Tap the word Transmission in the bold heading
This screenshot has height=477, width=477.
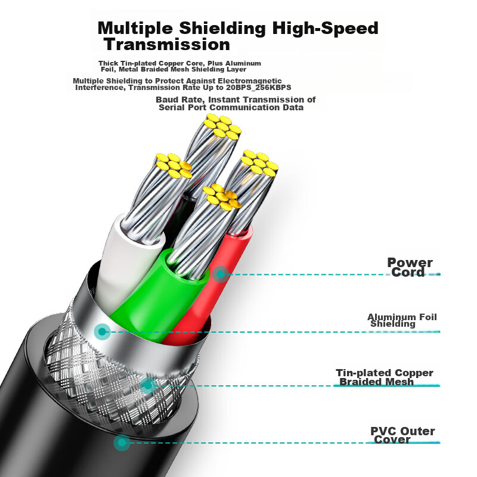click(x=167, y=45)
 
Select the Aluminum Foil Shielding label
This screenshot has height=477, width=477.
click(x=401, y=320)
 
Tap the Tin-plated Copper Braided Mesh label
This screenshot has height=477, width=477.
click(x=384, y=377)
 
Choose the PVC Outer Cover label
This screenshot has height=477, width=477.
click(x=402, y=435)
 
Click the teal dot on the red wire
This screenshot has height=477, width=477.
click(x=221, y=274)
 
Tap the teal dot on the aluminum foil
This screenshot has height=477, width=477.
click(x=103, y=331)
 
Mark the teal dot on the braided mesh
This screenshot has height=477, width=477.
click(x=146, y=385)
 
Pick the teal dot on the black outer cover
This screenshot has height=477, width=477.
click(x=122, y=442)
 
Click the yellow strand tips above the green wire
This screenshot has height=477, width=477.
click(x=221, y=197)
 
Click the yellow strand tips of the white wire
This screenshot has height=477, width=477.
click(x=173, y=165)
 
